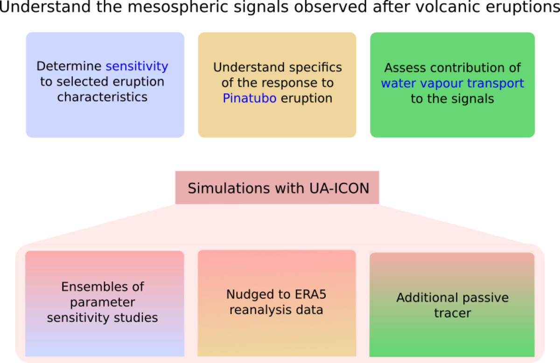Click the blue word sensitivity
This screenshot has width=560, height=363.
pyautogui.click(x=137, y=66)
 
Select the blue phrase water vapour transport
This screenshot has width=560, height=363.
pyautogui.click(x=452, y=84)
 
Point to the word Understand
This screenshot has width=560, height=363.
pyautogui.click(x=244, y=68)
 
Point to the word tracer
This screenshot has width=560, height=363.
pyautogui.click(x=452, y=313)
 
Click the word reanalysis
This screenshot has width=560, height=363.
pyautogui.click(x=258, y=310)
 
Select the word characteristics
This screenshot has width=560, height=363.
pyautogui.click(x=102, y=97)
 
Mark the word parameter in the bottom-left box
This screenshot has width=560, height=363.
pyautogui.click(x=103, y=302)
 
